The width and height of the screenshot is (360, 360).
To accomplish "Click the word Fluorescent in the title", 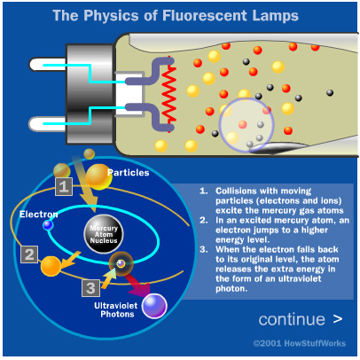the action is (x=204, y=15).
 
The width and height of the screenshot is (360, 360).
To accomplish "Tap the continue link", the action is (x=301, y=319).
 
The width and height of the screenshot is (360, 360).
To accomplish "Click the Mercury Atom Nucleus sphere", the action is (x=104, y=234).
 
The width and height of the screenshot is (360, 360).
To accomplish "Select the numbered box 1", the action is (x=64, y=186).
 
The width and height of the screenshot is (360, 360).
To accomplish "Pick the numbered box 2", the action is (x=29, y=254).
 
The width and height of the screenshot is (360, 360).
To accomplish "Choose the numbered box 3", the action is (x=90, y=288).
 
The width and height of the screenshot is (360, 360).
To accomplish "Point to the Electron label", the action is (x=38, y=214).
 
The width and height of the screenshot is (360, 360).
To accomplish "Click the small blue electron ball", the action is (x=48, y=225).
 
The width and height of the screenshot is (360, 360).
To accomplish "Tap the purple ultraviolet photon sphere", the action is (x=154, y=306).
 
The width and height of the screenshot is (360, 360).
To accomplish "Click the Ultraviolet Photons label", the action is (x=116, y=309).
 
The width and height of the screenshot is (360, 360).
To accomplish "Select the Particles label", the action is (x=129, y=173).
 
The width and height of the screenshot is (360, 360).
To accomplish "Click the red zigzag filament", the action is (x=169, y=94).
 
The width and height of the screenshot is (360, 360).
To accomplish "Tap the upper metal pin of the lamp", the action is (x=47, y=65).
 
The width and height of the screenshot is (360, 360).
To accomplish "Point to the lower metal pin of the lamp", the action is (x=47, y=124).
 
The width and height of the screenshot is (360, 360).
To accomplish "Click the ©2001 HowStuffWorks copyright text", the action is (x=300, y=343).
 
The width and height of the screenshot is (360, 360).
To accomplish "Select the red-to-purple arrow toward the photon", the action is (x=138, y=285).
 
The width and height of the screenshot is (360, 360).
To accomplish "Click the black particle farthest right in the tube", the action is (x=330, y=93).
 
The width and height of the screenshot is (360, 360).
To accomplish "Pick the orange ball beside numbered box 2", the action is (x=51, y=266).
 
